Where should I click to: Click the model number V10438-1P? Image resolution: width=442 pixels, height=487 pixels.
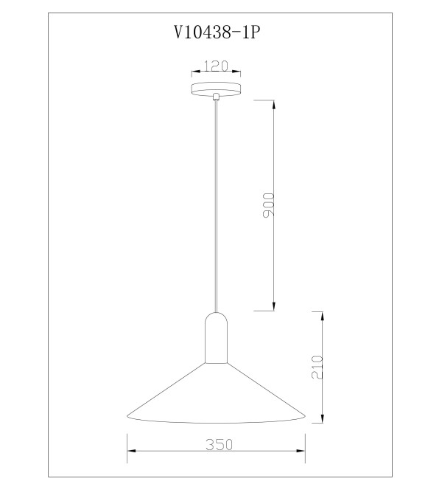217,32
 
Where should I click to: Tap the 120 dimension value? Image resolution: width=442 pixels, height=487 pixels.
216,66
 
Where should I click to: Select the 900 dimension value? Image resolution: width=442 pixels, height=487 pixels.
269,205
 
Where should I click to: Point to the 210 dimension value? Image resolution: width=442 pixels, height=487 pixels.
317,367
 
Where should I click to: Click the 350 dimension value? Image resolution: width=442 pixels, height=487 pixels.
219,444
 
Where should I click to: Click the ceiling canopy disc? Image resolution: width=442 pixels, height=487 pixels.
216,89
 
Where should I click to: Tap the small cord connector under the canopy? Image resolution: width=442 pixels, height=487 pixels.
216,97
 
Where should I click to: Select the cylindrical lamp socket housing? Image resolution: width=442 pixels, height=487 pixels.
216,338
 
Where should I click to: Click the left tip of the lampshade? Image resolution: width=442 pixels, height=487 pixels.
127,415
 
